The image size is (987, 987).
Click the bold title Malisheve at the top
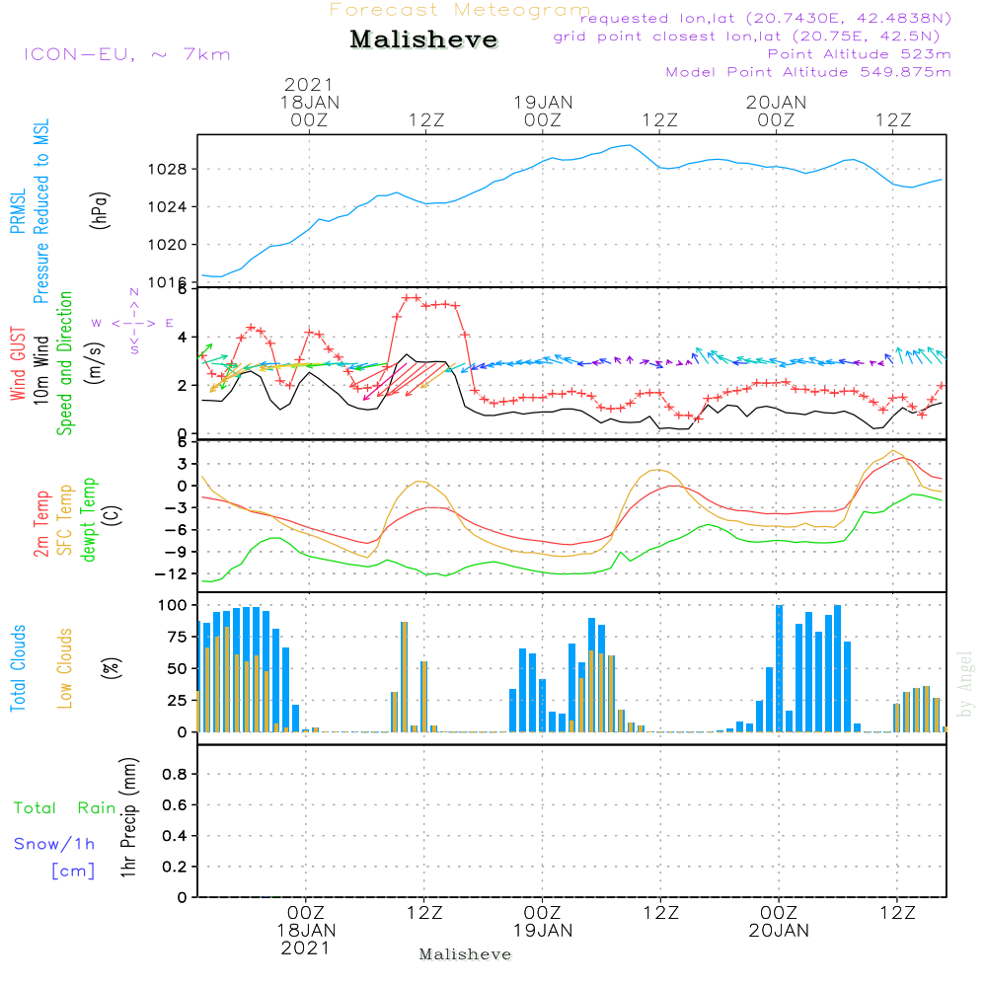[423, 39]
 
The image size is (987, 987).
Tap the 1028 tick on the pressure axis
[168, 170]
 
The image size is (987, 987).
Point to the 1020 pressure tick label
[168, 245]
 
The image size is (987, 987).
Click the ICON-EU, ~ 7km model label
[127, 54]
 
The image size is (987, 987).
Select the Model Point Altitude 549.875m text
[808, 72]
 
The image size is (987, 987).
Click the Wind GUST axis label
[18, 364]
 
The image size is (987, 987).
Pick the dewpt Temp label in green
[88, 519]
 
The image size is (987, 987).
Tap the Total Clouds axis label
[18, 668]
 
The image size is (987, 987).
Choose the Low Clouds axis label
[64, 668]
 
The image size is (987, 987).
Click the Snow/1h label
[54, 844]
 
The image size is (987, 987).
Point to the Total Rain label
[65, 808]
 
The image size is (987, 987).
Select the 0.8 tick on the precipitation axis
[175, 774]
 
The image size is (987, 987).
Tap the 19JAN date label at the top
[543, 103]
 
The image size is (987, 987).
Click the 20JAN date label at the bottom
[779, 931]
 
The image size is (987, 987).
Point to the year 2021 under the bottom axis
[305, 949]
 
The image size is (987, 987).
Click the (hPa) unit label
[100, 210]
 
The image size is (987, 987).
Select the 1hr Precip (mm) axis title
[128, 817]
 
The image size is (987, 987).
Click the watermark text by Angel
[965, 684]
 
